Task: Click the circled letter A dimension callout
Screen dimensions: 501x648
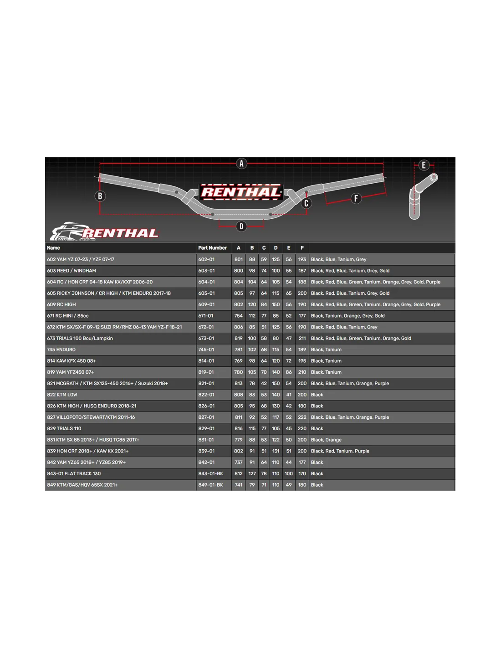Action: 241,164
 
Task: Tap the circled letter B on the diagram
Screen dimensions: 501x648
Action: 100,196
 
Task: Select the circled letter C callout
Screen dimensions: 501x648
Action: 306,203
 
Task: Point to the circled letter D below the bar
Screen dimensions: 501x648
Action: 241,226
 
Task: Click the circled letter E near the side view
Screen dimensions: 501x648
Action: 424,165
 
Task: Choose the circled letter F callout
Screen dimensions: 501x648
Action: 356,198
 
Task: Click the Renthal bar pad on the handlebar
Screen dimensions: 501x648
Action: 241,192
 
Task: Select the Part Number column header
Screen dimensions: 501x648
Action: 212,248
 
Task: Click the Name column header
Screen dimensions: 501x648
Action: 53,248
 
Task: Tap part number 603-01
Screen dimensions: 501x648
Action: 206,271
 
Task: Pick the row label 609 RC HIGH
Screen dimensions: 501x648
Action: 61,304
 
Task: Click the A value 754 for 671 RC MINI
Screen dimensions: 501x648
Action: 238,316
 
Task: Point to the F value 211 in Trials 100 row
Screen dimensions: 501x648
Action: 302,338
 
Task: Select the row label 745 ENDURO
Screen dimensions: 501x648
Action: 61,350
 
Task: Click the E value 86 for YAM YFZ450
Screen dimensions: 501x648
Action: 288,372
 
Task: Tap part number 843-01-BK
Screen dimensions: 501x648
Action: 210,473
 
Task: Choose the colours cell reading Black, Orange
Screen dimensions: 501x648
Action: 326,440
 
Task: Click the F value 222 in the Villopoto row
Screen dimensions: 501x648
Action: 302,417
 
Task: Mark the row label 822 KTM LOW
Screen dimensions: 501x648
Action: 62,395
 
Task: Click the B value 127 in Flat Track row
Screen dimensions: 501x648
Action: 252,473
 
